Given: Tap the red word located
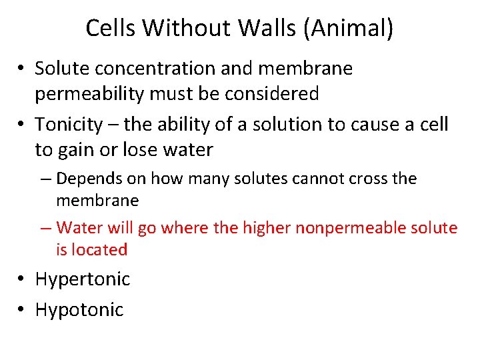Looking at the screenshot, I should tap(101, 250).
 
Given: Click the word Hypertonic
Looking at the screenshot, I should tap(83, 279).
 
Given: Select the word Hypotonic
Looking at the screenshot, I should tap(79, 309).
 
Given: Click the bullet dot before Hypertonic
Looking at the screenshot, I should tap(22, 279).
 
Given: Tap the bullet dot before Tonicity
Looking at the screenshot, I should tap(22, 125).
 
